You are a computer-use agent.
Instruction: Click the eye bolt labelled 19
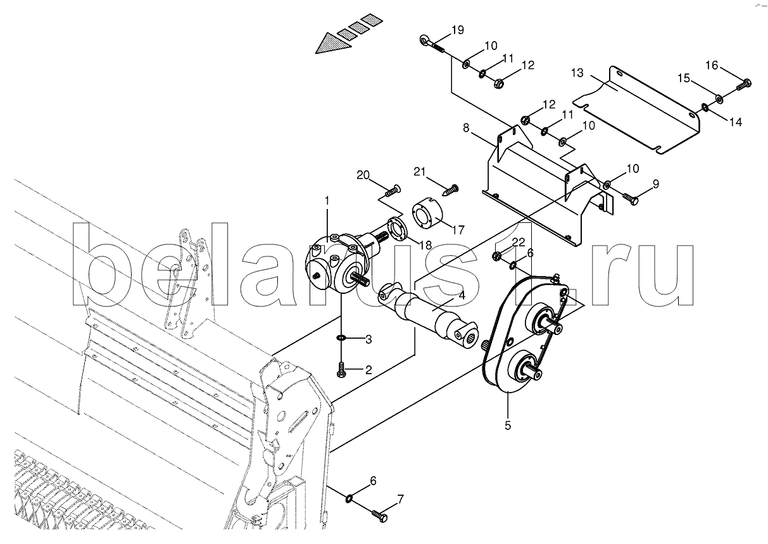tap(432, 44)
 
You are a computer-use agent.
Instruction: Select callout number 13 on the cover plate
tap(577, 73)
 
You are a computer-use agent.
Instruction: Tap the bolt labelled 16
tap(744, 84)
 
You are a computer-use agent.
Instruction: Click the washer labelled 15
tap(719, 98)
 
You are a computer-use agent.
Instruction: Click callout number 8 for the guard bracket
tap(465, 128)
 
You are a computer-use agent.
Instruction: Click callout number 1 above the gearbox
tap(327, 200)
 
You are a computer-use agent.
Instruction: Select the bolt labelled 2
tap(341, 370)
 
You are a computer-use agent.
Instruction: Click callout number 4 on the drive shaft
tap(462, 295)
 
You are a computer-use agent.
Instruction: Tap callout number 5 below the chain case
tap(508, 426)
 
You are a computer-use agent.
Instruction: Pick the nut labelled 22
tap(496, 256)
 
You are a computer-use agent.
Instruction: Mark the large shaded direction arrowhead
tap(333, 44)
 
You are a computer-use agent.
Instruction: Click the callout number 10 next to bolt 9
tap(633, 168)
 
